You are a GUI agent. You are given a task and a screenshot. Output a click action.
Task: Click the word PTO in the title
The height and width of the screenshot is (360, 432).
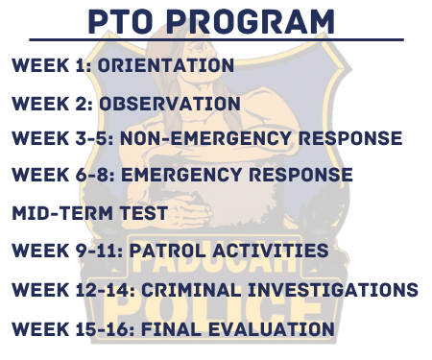[x=124, y=20]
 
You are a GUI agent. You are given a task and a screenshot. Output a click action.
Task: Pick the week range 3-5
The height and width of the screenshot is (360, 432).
[x=95, y=139]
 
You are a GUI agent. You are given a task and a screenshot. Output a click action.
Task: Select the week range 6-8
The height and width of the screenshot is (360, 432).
[x=95, y=176]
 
